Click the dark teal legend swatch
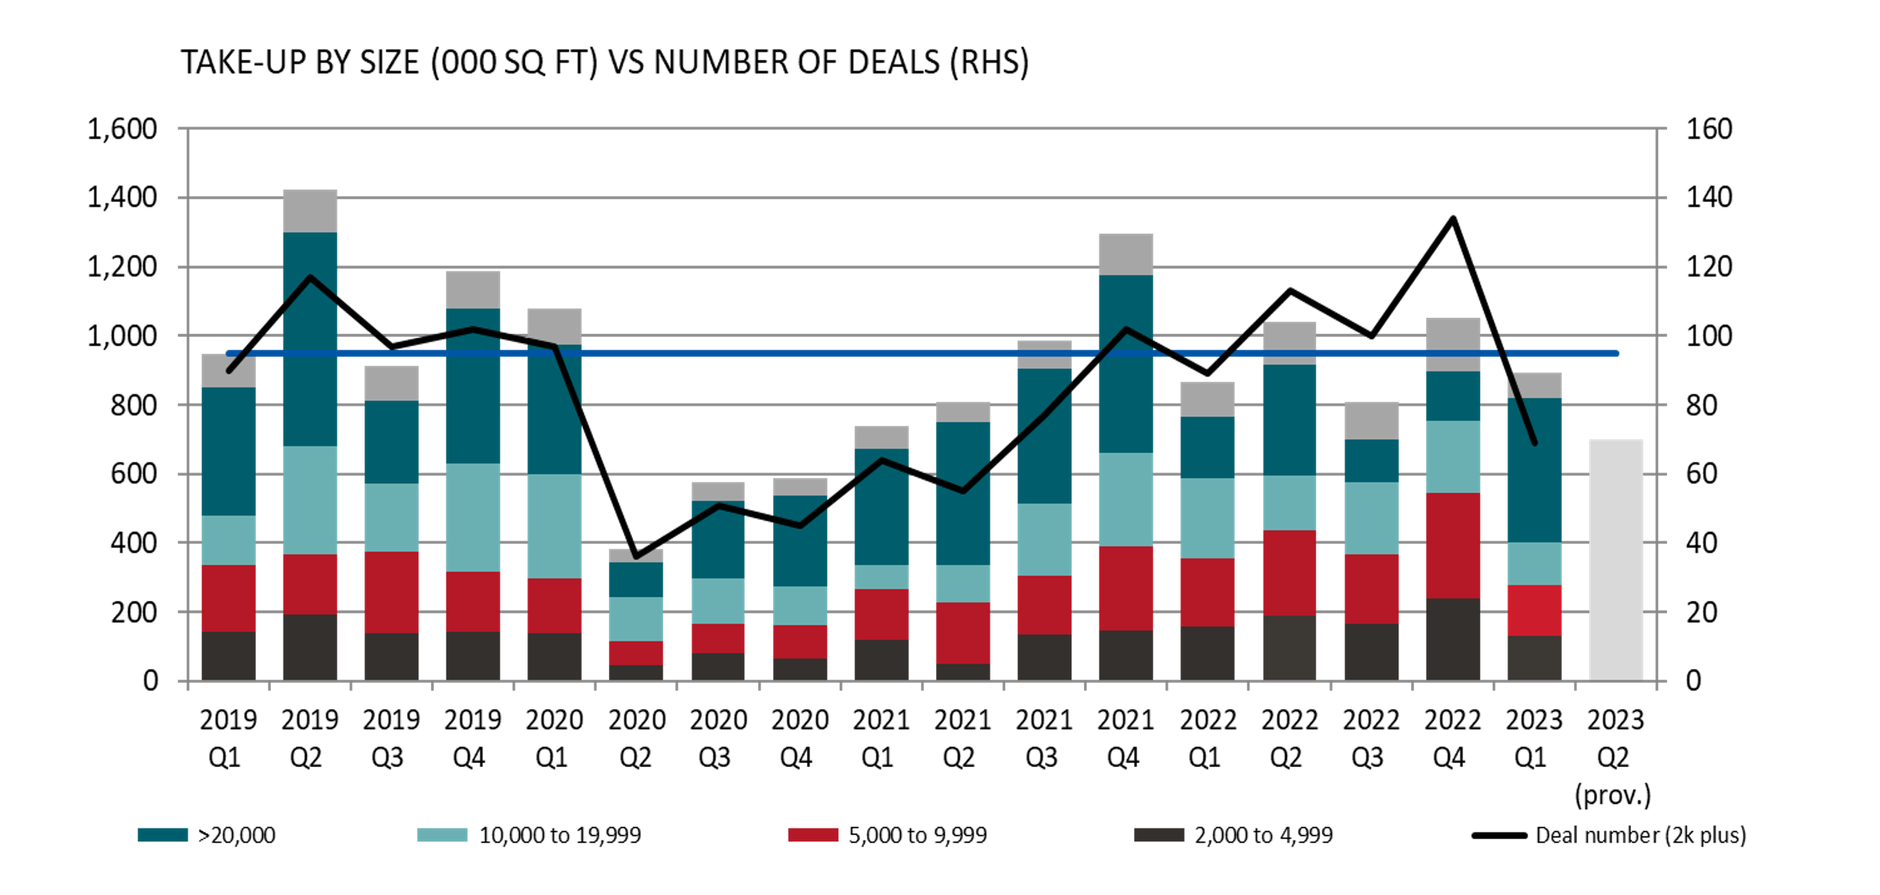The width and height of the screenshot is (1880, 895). [x=163, y=835]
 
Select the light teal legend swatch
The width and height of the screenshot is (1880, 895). [x=442, y=835]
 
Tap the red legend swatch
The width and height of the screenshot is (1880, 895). [x=813, y=835]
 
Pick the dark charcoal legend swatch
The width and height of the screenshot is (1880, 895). [x=1159, y=835]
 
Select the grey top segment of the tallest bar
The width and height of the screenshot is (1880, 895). [x=310, y=211]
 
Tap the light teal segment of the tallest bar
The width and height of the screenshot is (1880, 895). [x=310, y=500]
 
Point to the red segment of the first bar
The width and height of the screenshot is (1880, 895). [x=228, y=599]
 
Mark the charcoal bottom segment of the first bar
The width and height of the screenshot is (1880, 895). [x=228, y=655]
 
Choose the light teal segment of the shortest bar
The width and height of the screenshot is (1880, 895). [x=635, y=619]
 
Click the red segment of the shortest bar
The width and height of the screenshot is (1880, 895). [x=635, y=653]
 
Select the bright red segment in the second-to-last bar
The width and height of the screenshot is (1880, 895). [x=1535, y=611]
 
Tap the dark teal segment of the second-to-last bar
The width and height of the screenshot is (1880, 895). [x=1535, y=470]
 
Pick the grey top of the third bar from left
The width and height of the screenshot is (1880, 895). [x=391, y=383]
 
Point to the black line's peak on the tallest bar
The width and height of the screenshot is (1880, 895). [x=310, y=277]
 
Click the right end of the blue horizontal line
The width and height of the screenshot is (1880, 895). [x=1617, y=353]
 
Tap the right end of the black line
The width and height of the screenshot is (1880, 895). [x=1535, y=442]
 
